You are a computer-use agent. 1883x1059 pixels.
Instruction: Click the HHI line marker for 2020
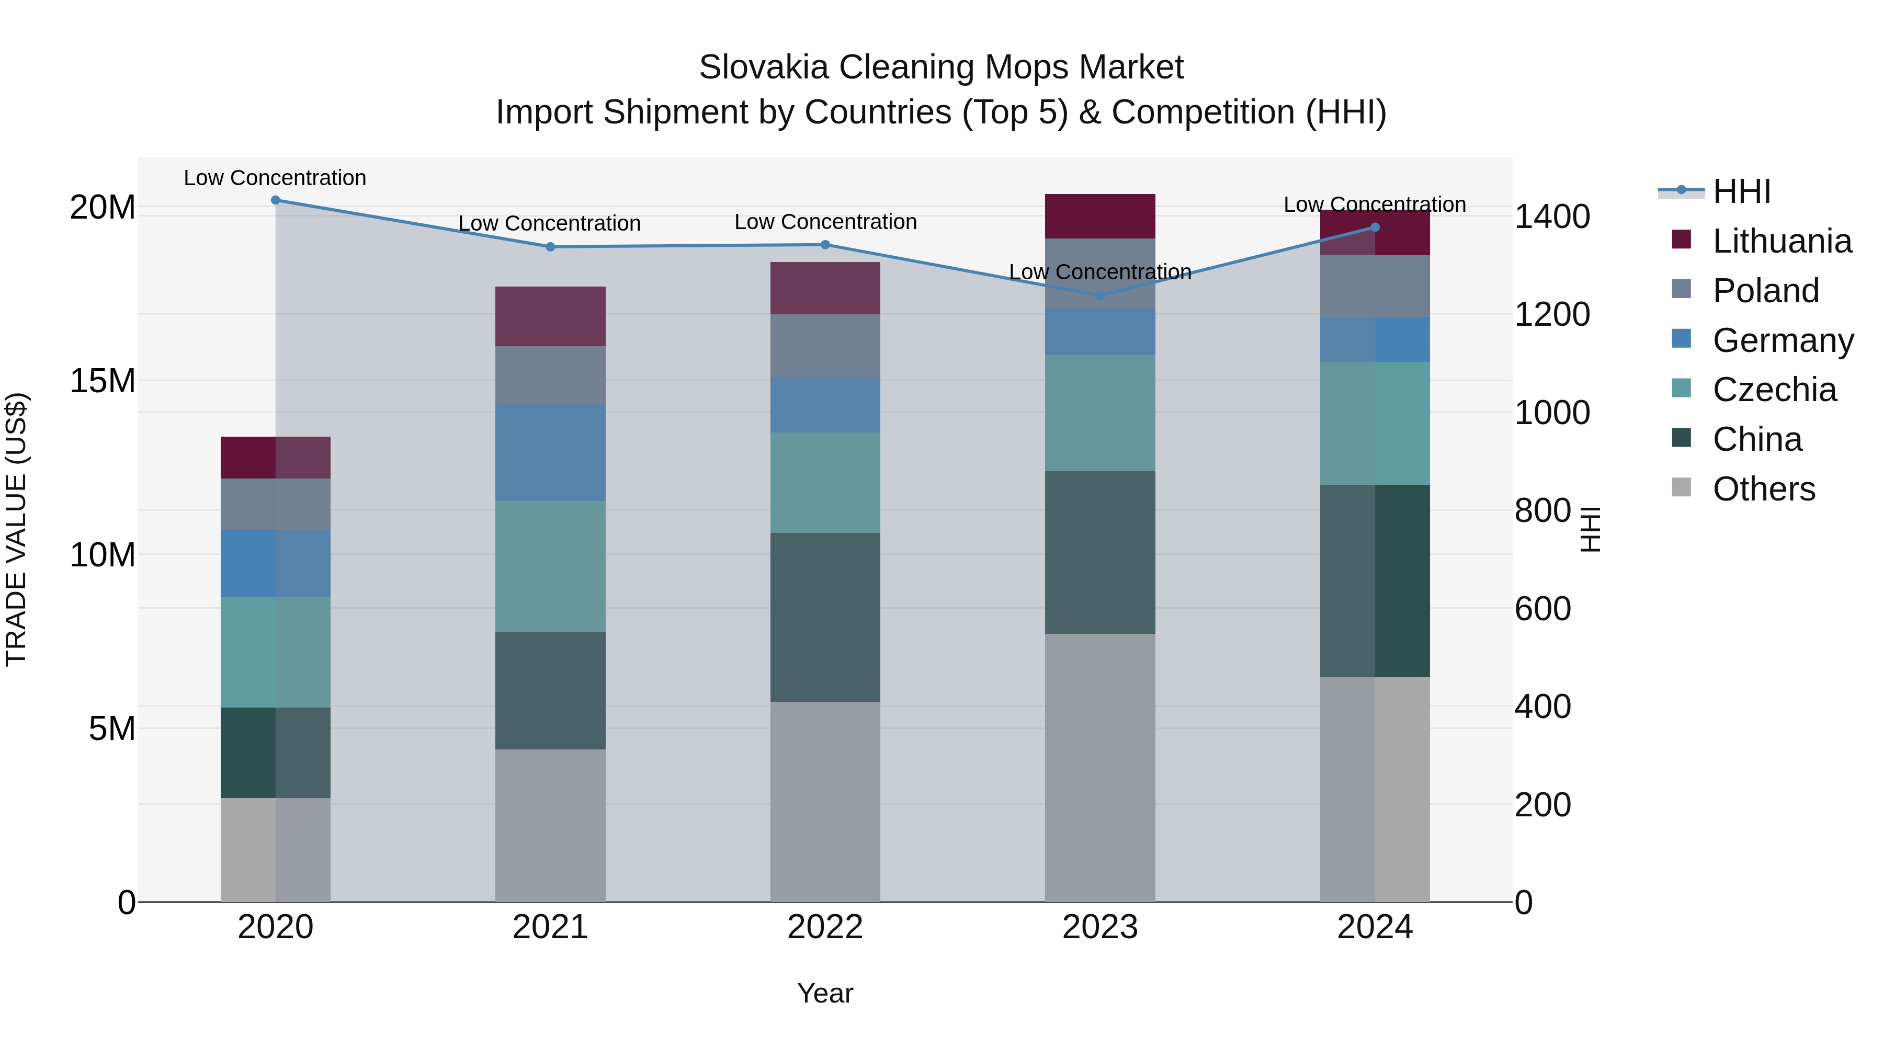tap(276, 200)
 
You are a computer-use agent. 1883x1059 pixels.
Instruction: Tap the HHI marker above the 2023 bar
tap(1100, 296)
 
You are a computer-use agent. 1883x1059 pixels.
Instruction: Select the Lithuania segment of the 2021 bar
tap(550, 316)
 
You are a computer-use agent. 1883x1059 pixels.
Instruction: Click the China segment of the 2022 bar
tap(825, 618)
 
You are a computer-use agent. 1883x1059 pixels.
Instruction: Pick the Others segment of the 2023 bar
tap(1100, 767)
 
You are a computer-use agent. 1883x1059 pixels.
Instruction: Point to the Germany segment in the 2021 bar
tap(550, 453)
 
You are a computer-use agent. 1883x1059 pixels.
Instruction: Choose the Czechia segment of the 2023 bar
tap(1100, 413)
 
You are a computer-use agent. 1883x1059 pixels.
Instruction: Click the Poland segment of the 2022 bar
tap(825, 346)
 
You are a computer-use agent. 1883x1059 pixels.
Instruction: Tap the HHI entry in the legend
tap(1741, 191)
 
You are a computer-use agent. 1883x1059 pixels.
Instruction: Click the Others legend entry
tap(1763, 489)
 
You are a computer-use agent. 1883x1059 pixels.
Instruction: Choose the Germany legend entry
tap(1782, 340)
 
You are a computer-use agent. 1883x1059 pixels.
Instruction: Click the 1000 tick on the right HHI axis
tap(1551, 413)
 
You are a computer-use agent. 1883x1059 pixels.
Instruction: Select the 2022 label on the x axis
tap(825, 927)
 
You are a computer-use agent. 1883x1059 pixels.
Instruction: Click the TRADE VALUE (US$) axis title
tap(16, 529)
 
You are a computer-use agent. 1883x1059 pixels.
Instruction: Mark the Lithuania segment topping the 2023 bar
tap(1100, 217)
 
